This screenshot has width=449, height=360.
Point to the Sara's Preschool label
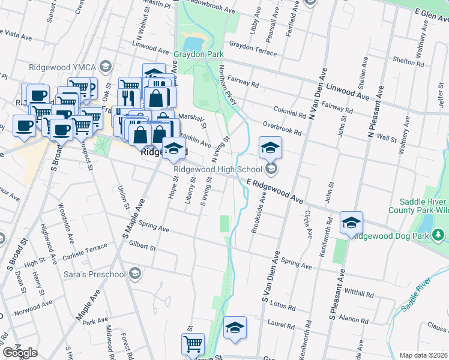coord(95,274)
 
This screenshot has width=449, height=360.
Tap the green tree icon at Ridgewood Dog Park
coord(439,233)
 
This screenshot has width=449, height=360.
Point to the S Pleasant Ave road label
coord(336,296)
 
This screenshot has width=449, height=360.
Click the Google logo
coord(20,352)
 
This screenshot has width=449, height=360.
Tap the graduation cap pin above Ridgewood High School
coord(270,148)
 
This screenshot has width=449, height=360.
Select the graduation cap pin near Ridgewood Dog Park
coord(351,223)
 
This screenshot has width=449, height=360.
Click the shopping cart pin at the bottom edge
coord(193,345)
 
